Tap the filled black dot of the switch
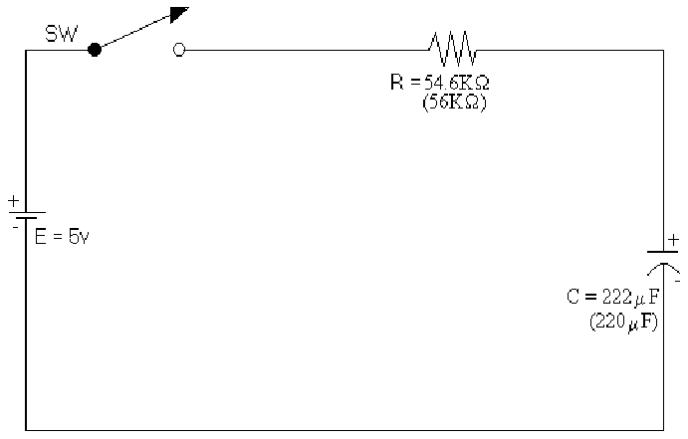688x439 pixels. [95, 49]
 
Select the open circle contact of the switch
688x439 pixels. [179, 49]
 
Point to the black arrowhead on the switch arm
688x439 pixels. [178, 13]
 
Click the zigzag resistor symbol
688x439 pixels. [452, 46]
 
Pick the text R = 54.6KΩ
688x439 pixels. [440, 83]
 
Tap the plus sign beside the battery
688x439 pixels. [14, 201]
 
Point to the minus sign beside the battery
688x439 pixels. [15, 227]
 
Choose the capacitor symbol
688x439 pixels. [663, 260]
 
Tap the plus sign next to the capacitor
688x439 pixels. [674, 239]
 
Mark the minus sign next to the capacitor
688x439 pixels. [676, 281]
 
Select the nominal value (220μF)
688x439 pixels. [623, 321]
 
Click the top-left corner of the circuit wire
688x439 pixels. [26, 49]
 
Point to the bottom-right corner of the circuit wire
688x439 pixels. [663, 430]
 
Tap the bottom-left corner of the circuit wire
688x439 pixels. [26, 430]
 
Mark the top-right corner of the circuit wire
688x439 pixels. [663, 49]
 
